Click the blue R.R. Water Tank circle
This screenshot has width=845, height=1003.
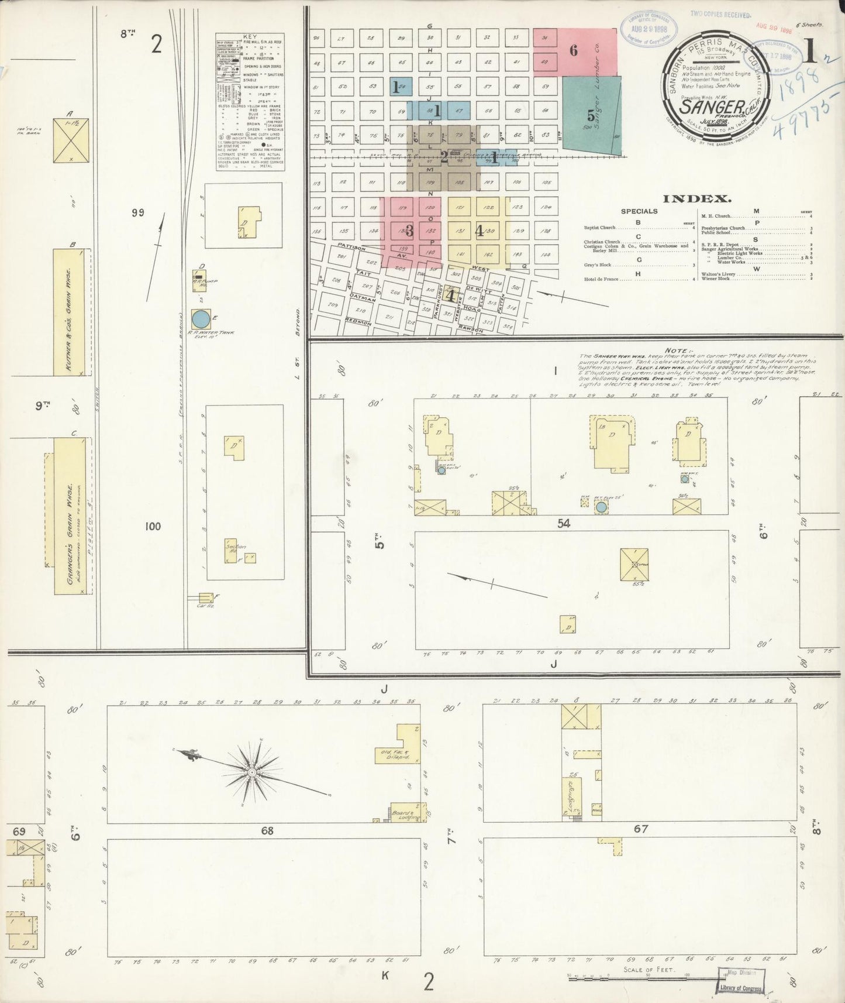click(200, 319)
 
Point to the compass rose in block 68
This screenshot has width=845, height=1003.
click(251, 772)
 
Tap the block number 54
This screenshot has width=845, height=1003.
click(563, 524)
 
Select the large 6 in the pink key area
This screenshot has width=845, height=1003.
click(574, 51)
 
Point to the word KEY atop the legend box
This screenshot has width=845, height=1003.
click(250, 36)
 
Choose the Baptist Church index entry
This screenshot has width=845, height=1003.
click(599, 228)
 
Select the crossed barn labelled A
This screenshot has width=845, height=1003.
click(70, 140)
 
